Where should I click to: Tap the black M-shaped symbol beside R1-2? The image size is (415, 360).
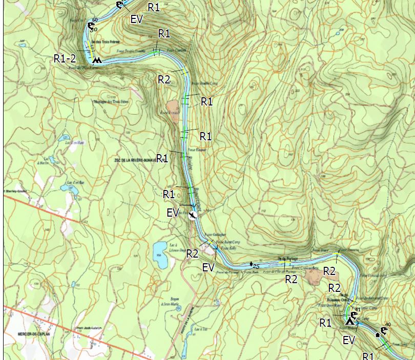(x=96, y=61)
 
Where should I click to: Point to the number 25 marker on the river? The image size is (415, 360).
(x=254, y=265)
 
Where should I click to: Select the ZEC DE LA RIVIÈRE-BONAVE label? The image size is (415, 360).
(x=135, y=160)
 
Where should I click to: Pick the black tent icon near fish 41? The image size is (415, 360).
(x=350, y=321)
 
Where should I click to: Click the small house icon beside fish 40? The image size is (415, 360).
(x=378, y=334)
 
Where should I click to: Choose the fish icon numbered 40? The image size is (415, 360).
(x=384, y=329)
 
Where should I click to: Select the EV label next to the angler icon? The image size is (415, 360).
(x=173, y=213)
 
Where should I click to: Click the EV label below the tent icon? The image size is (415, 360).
(x=349, y=340)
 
